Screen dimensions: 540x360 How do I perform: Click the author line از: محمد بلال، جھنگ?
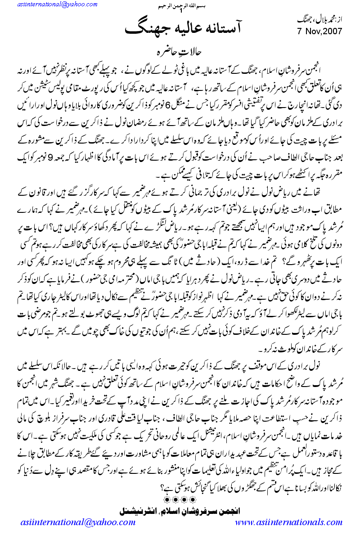(321, 21)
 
